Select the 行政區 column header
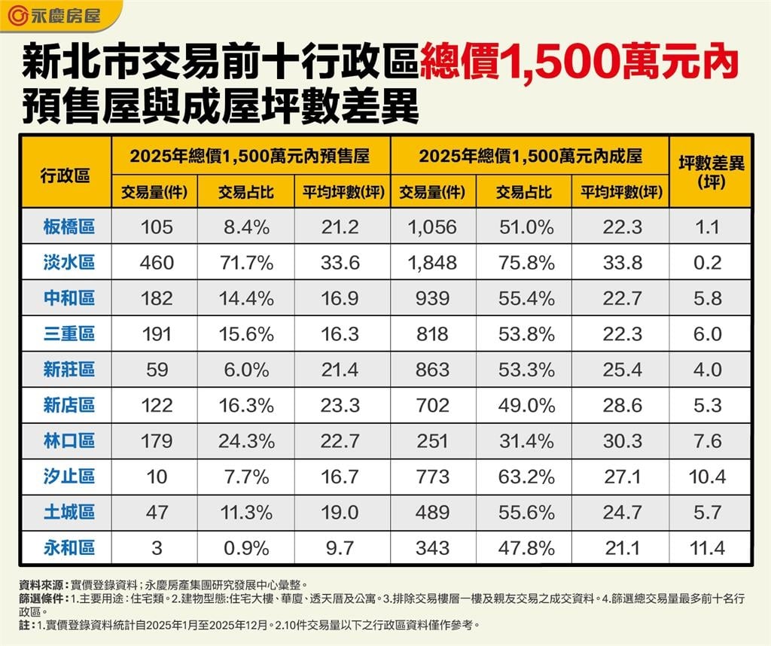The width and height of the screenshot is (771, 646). coord(66,172)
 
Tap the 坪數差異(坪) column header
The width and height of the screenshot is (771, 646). coord(711,172)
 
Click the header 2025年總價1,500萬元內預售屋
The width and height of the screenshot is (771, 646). coord(250,156)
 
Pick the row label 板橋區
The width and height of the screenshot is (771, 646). coord(69,226)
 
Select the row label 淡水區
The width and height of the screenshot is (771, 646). coord(69,262)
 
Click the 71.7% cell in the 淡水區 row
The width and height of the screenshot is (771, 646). coord(246,262)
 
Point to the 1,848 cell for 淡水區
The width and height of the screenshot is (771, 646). coord(432,262)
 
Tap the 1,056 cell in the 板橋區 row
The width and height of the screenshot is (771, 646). coord(432,227)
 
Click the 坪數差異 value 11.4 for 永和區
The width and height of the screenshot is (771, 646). coord(709,547)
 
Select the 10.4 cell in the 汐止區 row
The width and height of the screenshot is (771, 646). coord(709,476)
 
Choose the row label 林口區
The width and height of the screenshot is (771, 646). coord(69,440)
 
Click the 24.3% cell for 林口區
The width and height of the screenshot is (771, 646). coord(246,440)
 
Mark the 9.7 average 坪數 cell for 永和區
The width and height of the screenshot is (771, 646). coord(341,547)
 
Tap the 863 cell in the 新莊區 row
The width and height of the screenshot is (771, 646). coord(432,370)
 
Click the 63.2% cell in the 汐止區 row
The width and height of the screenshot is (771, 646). coord(525,476)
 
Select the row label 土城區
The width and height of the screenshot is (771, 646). coord(69,512)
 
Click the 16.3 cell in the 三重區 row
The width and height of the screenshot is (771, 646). coord(341,334)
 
